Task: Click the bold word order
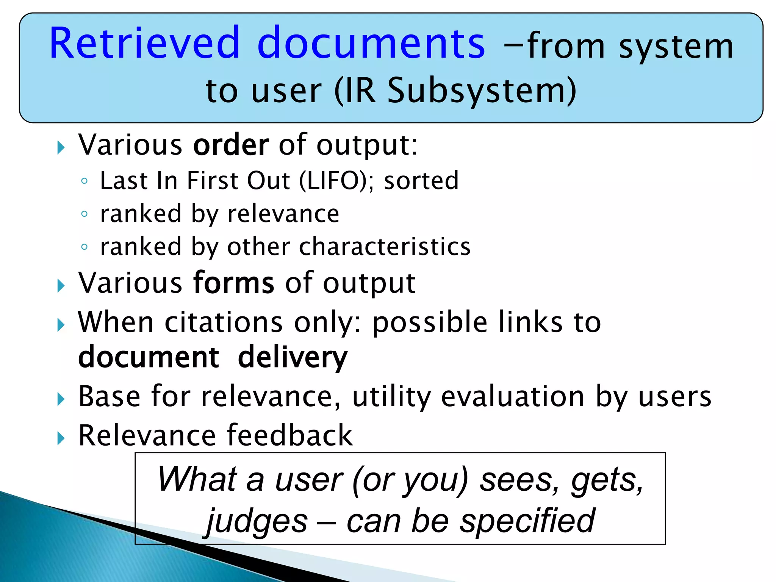(231, 145)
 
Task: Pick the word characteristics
(385, 247)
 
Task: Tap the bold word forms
(233, 283)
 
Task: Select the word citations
(224, 322)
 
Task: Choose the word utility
(391, 397)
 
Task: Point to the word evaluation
(513, 397)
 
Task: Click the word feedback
(290, 435)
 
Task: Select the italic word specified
(527, 521)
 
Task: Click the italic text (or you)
(410, 480)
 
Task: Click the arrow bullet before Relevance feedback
(61, 438)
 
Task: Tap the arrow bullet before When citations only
(61, 325)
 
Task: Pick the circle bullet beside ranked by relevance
(84, 214)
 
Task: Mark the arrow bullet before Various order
(61, 148)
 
